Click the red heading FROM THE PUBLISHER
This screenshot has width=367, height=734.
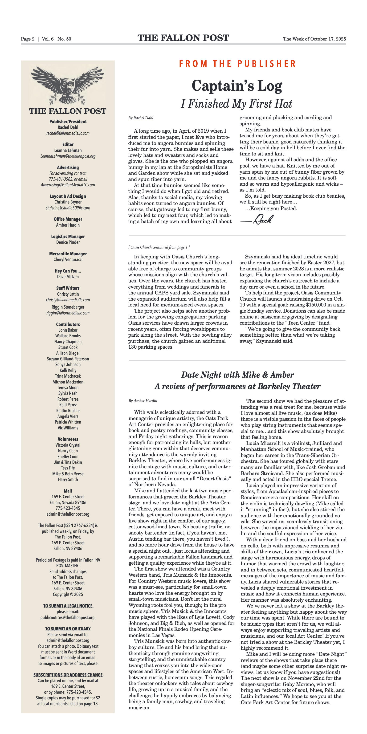tap(237, 64)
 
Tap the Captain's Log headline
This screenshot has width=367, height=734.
tap(237, 86)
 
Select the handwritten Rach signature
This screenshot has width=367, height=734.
tap(257, 219)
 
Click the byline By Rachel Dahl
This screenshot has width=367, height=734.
tap(141, 118)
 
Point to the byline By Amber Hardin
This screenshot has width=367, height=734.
tap(143, 401)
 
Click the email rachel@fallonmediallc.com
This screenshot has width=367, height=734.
tap(68, 133)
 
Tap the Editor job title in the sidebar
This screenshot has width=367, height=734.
tap(68, 144)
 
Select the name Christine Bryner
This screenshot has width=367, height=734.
tap(68, 202)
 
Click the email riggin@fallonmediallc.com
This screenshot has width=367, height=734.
tap(68, 313)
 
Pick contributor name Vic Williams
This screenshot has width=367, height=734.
tap(68, 428)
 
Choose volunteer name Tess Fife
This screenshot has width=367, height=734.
tap(68, 468)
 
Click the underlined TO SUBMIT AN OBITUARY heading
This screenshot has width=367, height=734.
tap(68, 628)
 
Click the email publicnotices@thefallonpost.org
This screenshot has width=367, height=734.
tap(68, 617)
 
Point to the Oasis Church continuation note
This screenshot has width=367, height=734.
tap(159, 247)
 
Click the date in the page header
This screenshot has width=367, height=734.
tap(314, 39)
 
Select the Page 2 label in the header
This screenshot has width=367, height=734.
tap(28, 39)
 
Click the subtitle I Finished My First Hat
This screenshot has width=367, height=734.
tap(237, 104)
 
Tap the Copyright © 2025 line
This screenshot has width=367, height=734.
tap(68, 594)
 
